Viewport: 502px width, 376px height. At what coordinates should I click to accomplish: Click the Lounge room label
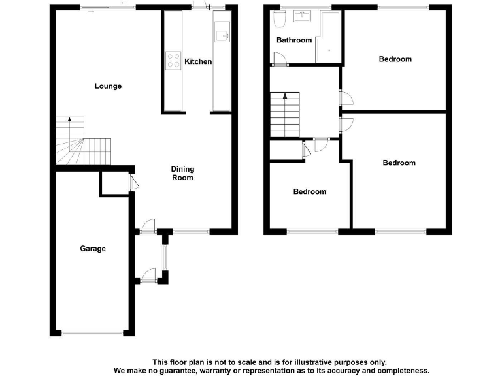108,86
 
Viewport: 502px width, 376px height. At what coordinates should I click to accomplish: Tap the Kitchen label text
198,61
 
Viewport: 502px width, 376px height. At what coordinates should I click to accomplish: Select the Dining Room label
182,173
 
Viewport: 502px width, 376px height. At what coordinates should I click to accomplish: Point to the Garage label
93,249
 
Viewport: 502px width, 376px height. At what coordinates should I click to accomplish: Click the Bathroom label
293,40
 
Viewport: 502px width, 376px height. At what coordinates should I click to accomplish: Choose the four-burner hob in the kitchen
174,61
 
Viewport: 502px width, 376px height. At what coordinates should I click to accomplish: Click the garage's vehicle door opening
92,333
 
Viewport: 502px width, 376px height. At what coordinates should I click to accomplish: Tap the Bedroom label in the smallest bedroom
309,192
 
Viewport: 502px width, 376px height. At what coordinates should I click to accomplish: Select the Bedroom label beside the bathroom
395,59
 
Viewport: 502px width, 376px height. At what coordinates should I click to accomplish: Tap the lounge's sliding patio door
109,7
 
